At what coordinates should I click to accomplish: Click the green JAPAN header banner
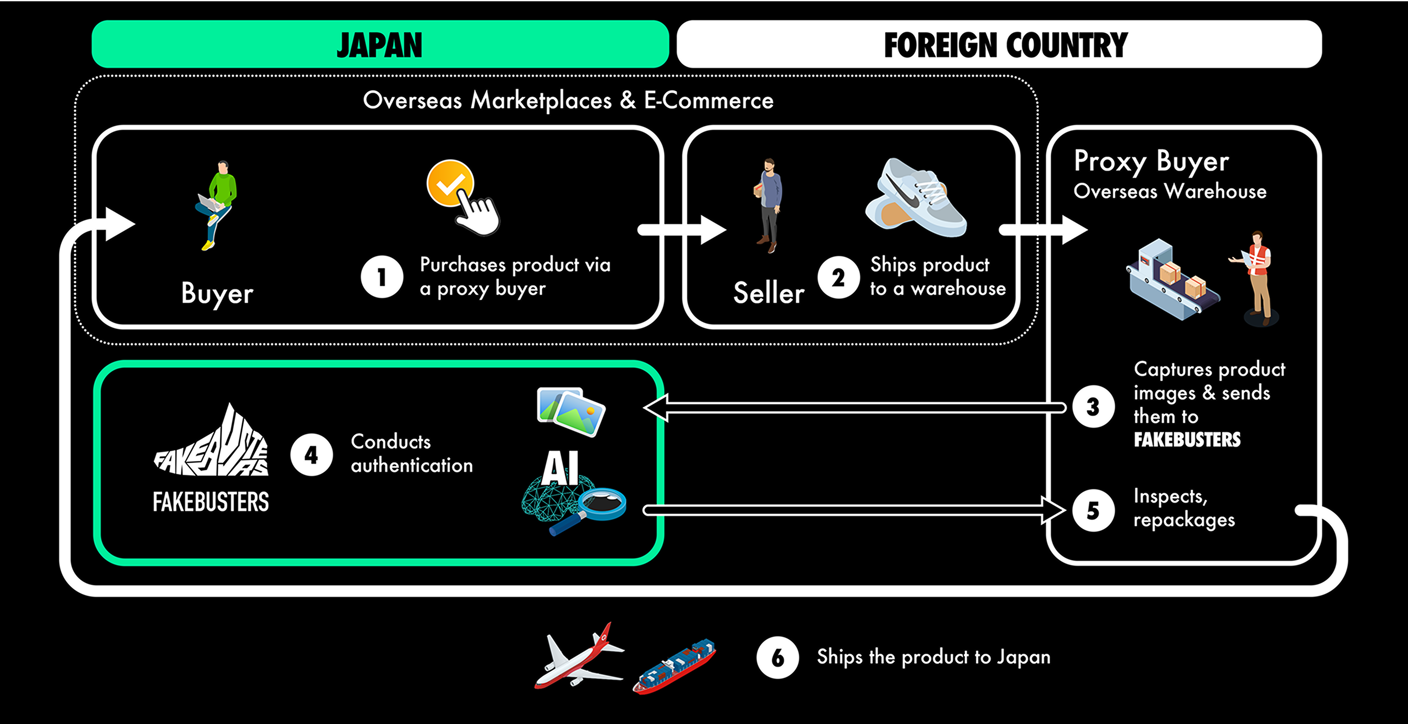point(380,44)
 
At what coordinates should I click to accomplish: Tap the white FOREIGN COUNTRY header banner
point(999,44)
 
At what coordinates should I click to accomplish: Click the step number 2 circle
point(838,277)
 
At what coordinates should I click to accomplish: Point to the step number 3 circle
point(1093,406)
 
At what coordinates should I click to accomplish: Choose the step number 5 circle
point(1093,510)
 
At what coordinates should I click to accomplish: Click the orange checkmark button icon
point(450,183)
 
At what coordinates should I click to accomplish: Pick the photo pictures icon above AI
point(571,412)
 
